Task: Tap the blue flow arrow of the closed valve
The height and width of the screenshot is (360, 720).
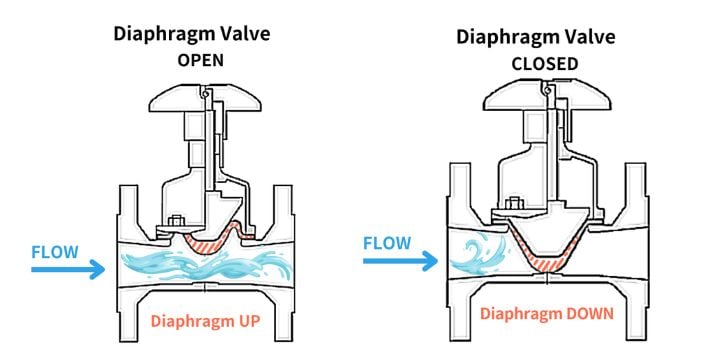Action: click(399, 262)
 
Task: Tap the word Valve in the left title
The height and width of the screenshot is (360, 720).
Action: click(243, 33)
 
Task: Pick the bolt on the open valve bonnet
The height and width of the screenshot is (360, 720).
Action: click(177, 222)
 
